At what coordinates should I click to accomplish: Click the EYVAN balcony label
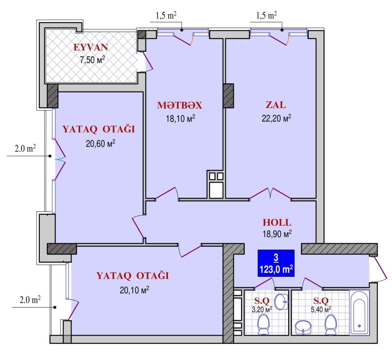[90, 47]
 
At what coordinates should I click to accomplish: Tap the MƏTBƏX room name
[179, 105]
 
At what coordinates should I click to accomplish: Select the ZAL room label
[275, 105]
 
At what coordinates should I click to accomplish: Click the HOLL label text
[277, 222]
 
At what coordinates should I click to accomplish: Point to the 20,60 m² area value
[100, 143]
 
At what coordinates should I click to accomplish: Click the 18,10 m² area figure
[180, 118]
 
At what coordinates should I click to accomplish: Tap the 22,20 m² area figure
[276, 118]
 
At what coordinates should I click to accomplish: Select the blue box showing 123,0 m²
[276, 263]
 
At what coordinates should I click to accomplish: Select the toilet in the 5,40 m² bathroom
[331, 324]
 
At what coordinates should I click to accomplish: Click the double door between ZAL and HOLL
[270, 193]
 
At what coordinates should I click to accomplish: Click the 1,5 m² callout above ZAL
[266, 16]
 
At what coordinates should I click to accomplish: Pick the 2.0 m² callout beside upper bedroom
[25, 149]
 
